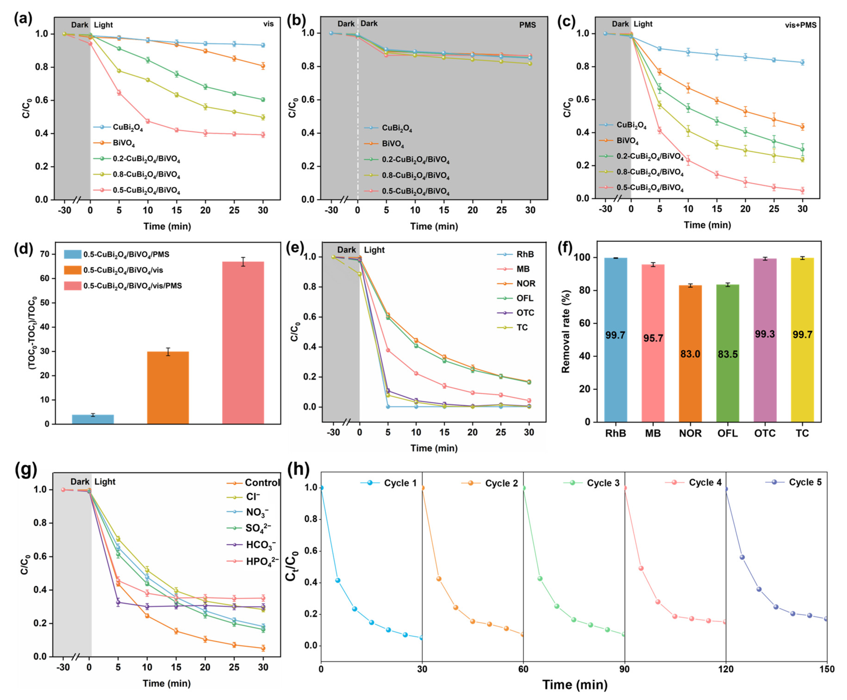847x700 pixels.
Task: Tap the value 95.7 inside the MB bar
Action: [x=653, y=338]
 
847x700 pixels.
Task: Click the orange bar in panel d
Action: [x=168, y=387]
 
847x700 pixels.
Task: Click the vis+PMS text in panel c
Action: [x=800, y=25]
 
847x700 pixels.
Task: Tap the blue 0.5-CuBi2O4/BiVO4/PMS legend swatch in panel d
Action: [x=73, y=254]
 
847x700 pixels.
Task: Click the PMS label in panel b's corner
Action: [x=527, y=25]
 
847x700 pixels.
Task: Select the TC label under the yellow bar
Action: [x=802, y=433]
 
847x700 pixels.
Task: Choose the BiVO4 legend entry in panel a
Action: [x=124, y=143]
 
